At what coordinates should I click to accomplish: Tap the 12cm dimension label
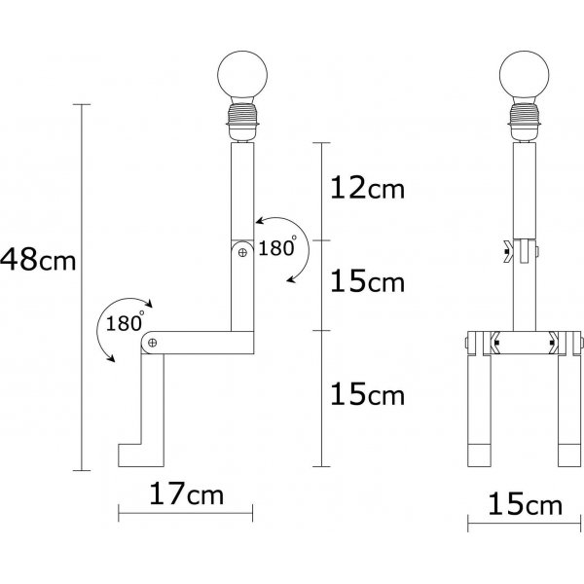tap(366, 188)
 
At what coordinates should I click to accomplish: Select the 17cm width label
tap(187, 495)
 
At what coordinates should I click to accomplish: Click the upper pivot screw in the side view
tap(242, 252)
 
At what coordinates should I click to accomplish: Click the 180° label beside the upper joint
tap(277, 248)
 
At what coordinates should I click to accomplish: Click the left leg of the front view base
tap(480, 409)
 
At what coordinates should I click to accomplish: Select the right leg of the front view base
tap(568, 409)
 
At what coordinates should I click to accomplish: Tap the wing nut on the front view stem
tap(510, 251)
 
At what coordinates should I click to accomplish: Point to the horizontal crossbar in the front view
tap(524, 342)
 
